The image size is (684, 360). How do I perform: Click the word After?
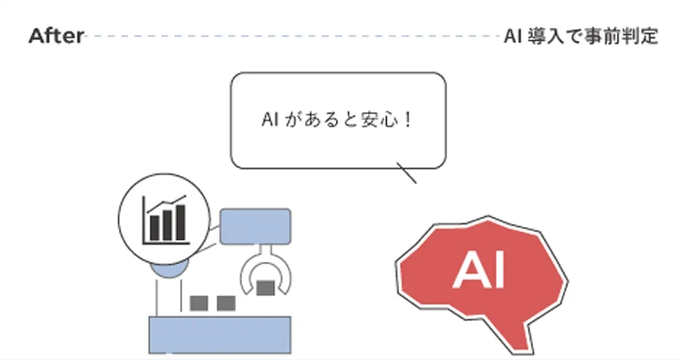tap(56, 36)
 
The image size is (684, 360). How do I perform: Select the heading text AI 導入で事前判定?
tap(581, 36)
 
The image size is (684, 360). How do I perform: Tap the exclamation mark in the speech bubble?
tap(409, 119)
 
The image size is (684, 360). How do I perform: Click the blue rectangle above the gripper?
tap(255, 226)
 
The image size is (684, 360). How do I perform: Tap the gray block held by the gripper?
tap(265, 288)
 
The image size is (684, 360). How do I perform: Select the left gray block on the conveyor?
tap(199, 303)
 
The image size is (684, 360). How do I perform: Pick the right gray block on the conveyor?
tap(226, 303)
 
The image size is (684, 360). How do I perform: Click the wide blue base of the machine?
tap(219, 335)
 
